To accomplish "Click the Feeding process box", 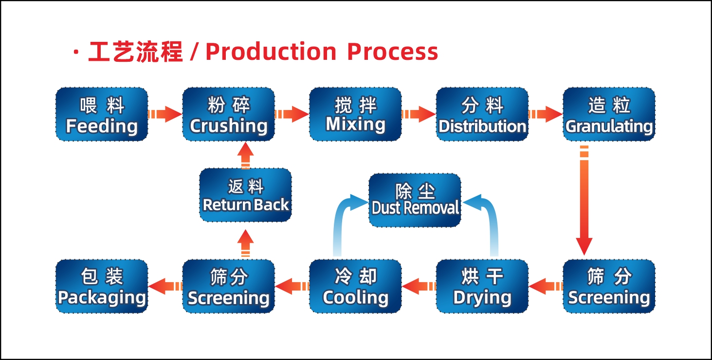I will pos(102,114).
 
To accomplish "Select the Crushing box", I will pos(229,114).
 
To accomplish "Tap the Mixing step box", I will pos(355,114).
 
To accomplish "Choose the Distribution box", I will pos(482,114).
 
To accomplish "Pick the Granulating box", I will pos(609,114).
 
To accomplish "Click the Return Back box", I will pos(246,195).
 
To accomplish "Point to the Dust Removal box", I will pos(415,200).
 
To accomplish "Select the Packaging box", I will pos(102,286).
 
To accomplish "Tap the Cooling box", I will pos(355,286).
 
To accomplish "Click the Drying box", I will pos(482,286).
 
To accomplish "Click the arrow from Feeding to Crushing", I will pos(165,114).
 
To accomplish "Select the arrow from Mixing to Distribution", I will pos(419,114).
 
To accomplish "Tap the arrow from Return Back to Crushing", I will pos(246,156).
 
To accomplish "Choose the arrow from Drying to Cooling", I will pos(419,286).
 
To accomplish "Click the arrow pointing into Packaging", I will pos(165,286).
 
